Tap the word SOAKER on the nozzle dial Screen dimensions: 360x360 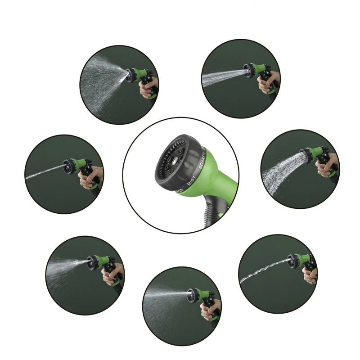(x=202, y=160)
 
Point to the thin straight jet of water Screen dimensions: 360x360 (x=45, y=172)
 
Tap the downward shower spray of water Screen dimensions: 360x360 (x=281, y=173)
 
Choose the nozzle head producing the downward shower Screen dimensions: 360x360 (x=307, y=154)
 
